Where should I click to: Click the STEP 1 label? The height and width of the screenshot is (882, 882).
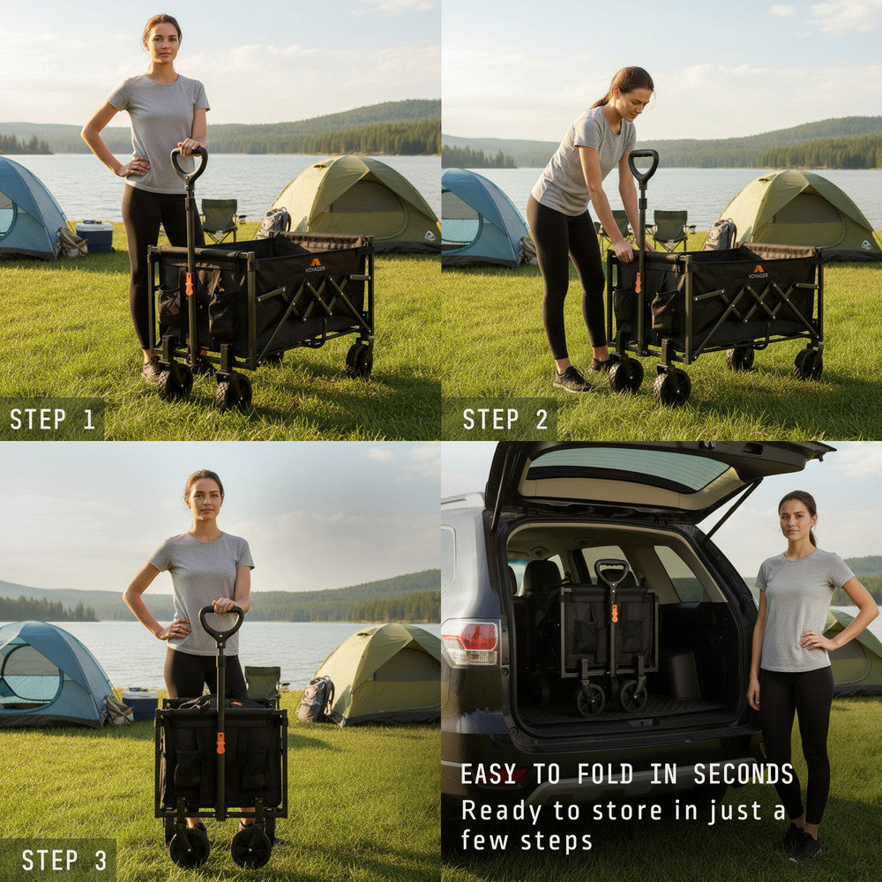(52, 419)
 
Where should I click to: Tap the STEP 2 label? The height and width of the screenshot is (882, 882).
(505, 419)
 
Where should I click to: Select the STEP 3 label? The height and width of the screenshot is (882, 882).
(64, 860)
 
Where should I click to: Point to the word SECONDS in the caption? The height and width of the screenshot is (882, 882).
(744, 774)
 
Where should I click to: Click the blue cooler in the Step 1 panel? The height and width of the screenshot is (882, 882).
(94, 235)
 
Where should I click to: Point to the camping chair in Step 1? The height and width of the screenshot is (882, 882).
(219, 219)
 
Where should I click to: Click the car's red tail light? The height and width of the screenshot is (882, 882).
(469, 641)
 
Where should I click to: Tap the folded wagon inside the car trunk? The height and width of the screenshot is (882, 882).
(611, 635)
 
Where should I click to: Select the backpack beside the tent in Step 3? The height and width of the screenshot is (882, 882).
(315, 699)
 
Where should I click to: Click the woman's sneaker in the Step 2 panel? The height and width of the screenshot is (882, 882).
(572, 380)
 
